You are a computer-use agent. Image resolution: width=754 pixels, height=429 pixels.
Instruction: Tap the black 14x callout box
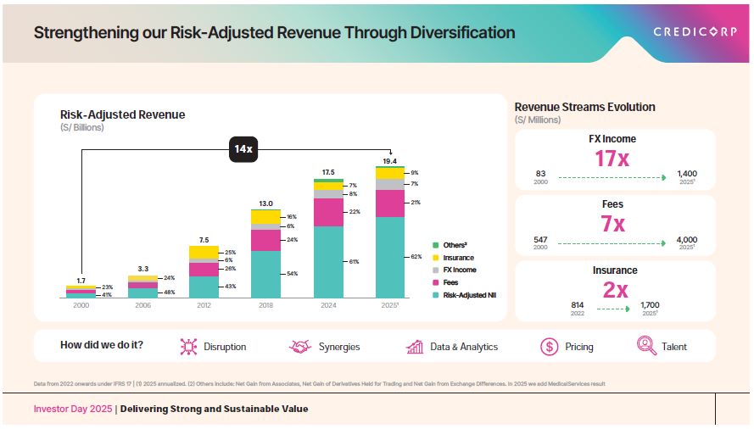pyautogui.click(x=243, y=149)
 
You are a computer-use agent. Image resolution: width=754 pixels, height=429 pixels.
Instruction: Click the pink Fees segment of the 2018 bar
pyautogui.click(x=265, y=240)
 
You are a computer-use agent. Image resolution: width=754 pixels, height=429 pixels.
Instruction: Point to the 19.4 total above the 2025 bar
pyautogui.click(x=389, y=160)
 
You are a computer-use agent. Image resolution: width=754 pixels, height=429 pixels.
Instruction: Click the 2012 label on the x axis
pyautogui.click(x=204, y=304)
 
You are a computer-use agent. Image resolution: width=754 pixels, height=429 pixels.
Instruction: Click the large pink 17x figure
pyautogui.click(x=612, y=159)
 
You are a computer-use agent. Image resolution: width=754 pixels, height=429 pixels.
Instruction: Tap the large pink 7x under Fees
pyautogui.click(x=612, y=225)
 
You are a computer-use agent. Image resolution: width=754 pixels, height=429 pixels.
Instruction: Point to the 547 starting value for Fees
pyautogui.click(x=540, y=239)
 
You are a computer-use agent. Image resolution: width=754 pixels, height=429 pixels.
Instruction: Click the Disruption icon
pyautogui.click(x=188, y=346)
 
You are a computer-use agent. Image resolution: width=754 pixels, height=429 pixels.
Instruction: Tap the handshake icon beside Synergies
pyautogui.click(x=300, y=346)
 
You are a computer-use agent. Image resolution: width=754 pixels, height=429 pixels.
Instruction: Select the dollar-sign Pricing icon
pyautogui.click(x=549, y=346)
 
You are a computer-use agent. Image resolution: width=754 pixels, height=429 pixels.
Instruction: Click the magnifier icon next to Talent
pyautogui.click(x=646, y=346)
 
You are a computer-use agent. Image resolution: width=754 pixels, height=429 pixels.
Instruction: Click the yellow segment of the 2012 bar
pyautogui.click(x=204, y=252)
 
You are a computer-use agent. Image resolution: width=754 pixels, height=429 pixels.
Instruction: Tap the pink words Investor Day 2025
pyautogui.click(x=71, y=409)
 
